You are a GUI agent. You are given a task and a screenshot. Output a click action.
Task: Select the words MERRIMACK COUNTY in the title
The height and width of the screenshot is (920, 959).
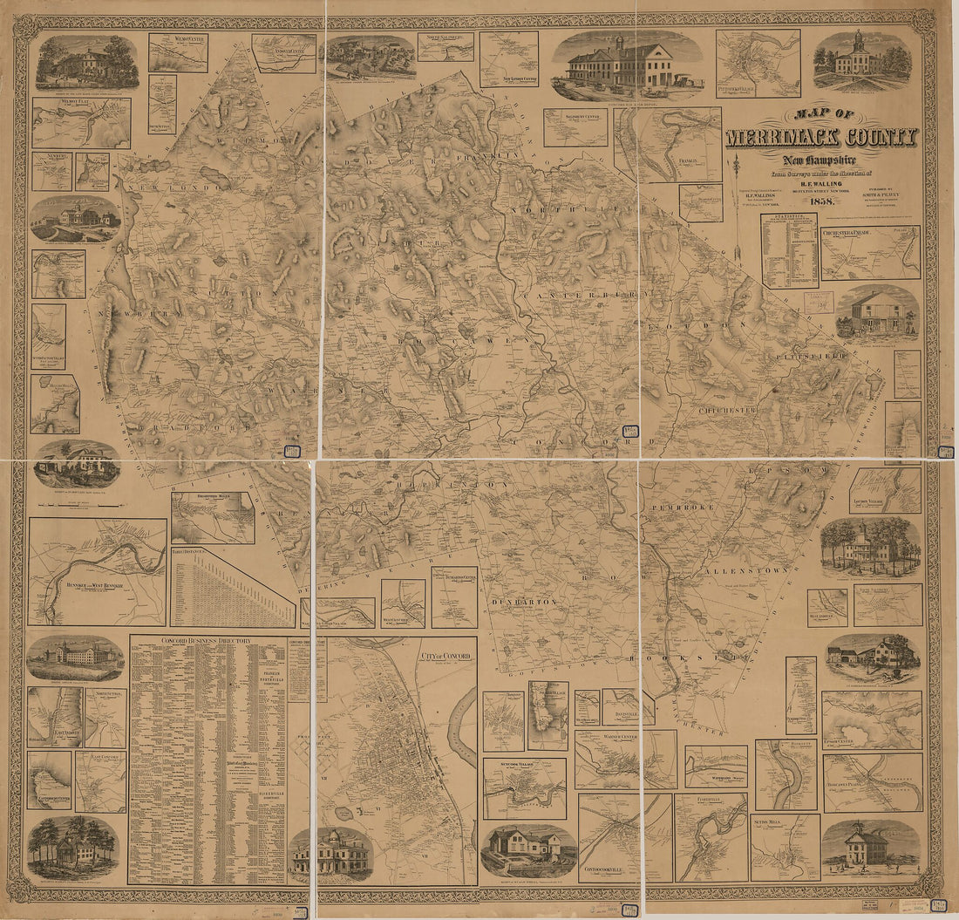tap(820, 138)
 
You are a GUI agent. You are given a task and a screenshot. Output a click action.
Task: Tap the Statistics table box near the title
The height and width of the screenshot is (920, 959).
tap(789, 250)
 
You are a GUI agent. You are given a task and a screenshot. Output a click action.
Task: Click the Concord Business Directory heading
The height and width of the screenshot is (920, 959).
tap(207, 641)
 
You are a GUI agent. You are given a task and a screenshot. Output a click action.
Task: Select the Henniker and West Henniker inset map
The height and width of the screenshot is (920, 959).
tap(97, 571)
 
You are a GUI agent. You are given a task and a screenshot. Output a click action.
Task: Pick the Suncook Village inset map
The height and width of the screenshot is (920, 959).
tap(524, 788)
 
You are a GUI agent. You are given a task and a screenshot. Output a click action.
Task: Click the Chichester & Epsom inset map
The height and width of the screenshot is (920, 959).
tap(870, 253)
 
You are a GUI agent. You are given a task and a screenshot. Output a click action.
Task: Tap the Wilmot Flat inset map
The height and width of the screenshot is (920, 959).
tap(81, 122)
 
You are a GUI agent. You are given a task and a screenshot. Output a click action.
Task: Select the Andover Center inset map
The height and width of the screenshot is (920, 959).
tap(284, 53)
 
